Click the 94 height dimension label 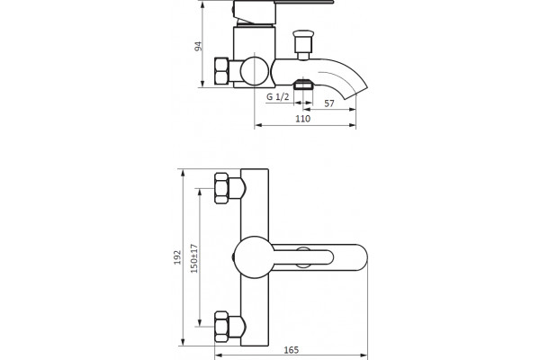198,47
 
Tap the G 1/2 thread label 277,97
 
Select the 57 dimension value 329,103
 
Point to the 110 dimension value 303,119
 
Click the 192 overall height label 177,257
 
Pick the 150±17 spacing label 194,258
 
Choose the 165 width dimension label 292,350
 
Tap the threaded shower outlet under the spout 303,85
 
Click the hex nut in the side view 221,71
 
